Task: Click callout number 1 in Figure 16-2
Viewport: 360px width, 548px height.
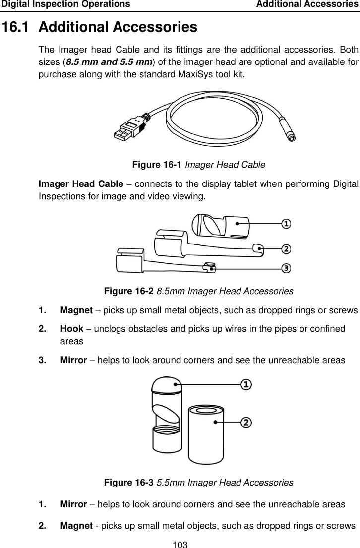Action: click(x=286, y=224)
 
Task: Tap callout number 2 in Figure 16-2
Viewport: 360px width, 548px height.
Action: click(x=286, y=248)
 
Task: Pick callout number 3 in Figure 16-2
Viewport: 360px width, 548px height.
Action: click(x=286, y=268)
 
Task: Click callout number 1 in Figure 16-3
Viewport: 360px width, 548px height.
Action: click(x=246, y=384)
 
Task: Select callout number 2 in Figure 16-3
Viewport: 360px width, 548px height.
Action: click(x=246, y=422)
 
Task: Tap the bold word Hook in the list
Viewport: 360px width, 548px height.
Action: click(x=71, y=328)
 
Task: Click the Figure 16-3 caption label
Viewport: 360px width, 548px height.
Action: click(x=127, y=482)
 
